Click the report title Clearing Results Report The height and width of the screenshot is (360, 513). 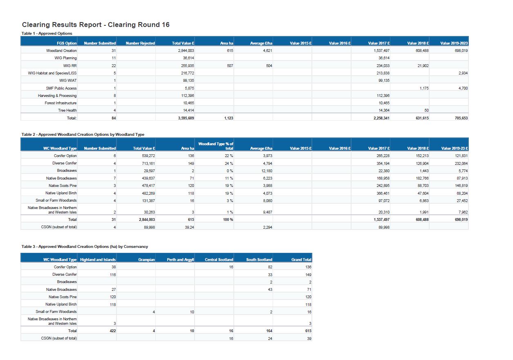pos(96,25)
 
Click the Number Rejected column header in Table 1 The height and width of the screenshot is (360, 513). pos(140,43)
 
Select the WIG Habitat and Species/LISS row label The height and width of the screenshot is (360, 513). pos(52,73)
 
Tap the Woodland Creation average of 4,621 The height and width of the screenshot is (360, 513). pos(266,51)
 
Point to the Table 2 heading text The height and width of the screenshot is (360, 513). pos(83,134)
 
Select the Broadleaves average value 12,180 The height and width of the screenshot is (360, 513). pos(266,171)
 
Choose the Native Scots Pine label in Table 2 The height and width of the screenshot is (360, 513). pos(63,186)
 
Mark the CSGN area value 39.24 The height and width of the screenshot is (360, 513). pos(189,227)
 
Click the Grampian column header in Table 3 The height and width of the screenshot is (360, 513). pos(147,259)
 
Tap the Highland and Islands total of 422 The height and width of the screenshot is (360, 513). pos(112,331)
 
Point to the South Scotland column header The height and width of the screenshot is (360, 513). pos(259,259)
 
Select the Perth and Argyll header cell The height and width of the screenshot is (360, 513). pos(180,259)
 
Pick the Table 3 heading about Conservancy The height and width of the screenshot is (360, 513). pos(85,246)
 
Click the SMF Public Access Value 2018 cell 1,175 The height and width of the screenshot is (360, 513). pos(424,88)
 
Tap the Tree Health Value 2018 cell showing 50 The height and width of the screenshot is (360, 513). pos(426,110)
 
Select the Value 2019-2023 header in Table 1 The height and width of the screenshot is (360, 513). pos(454,43)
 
